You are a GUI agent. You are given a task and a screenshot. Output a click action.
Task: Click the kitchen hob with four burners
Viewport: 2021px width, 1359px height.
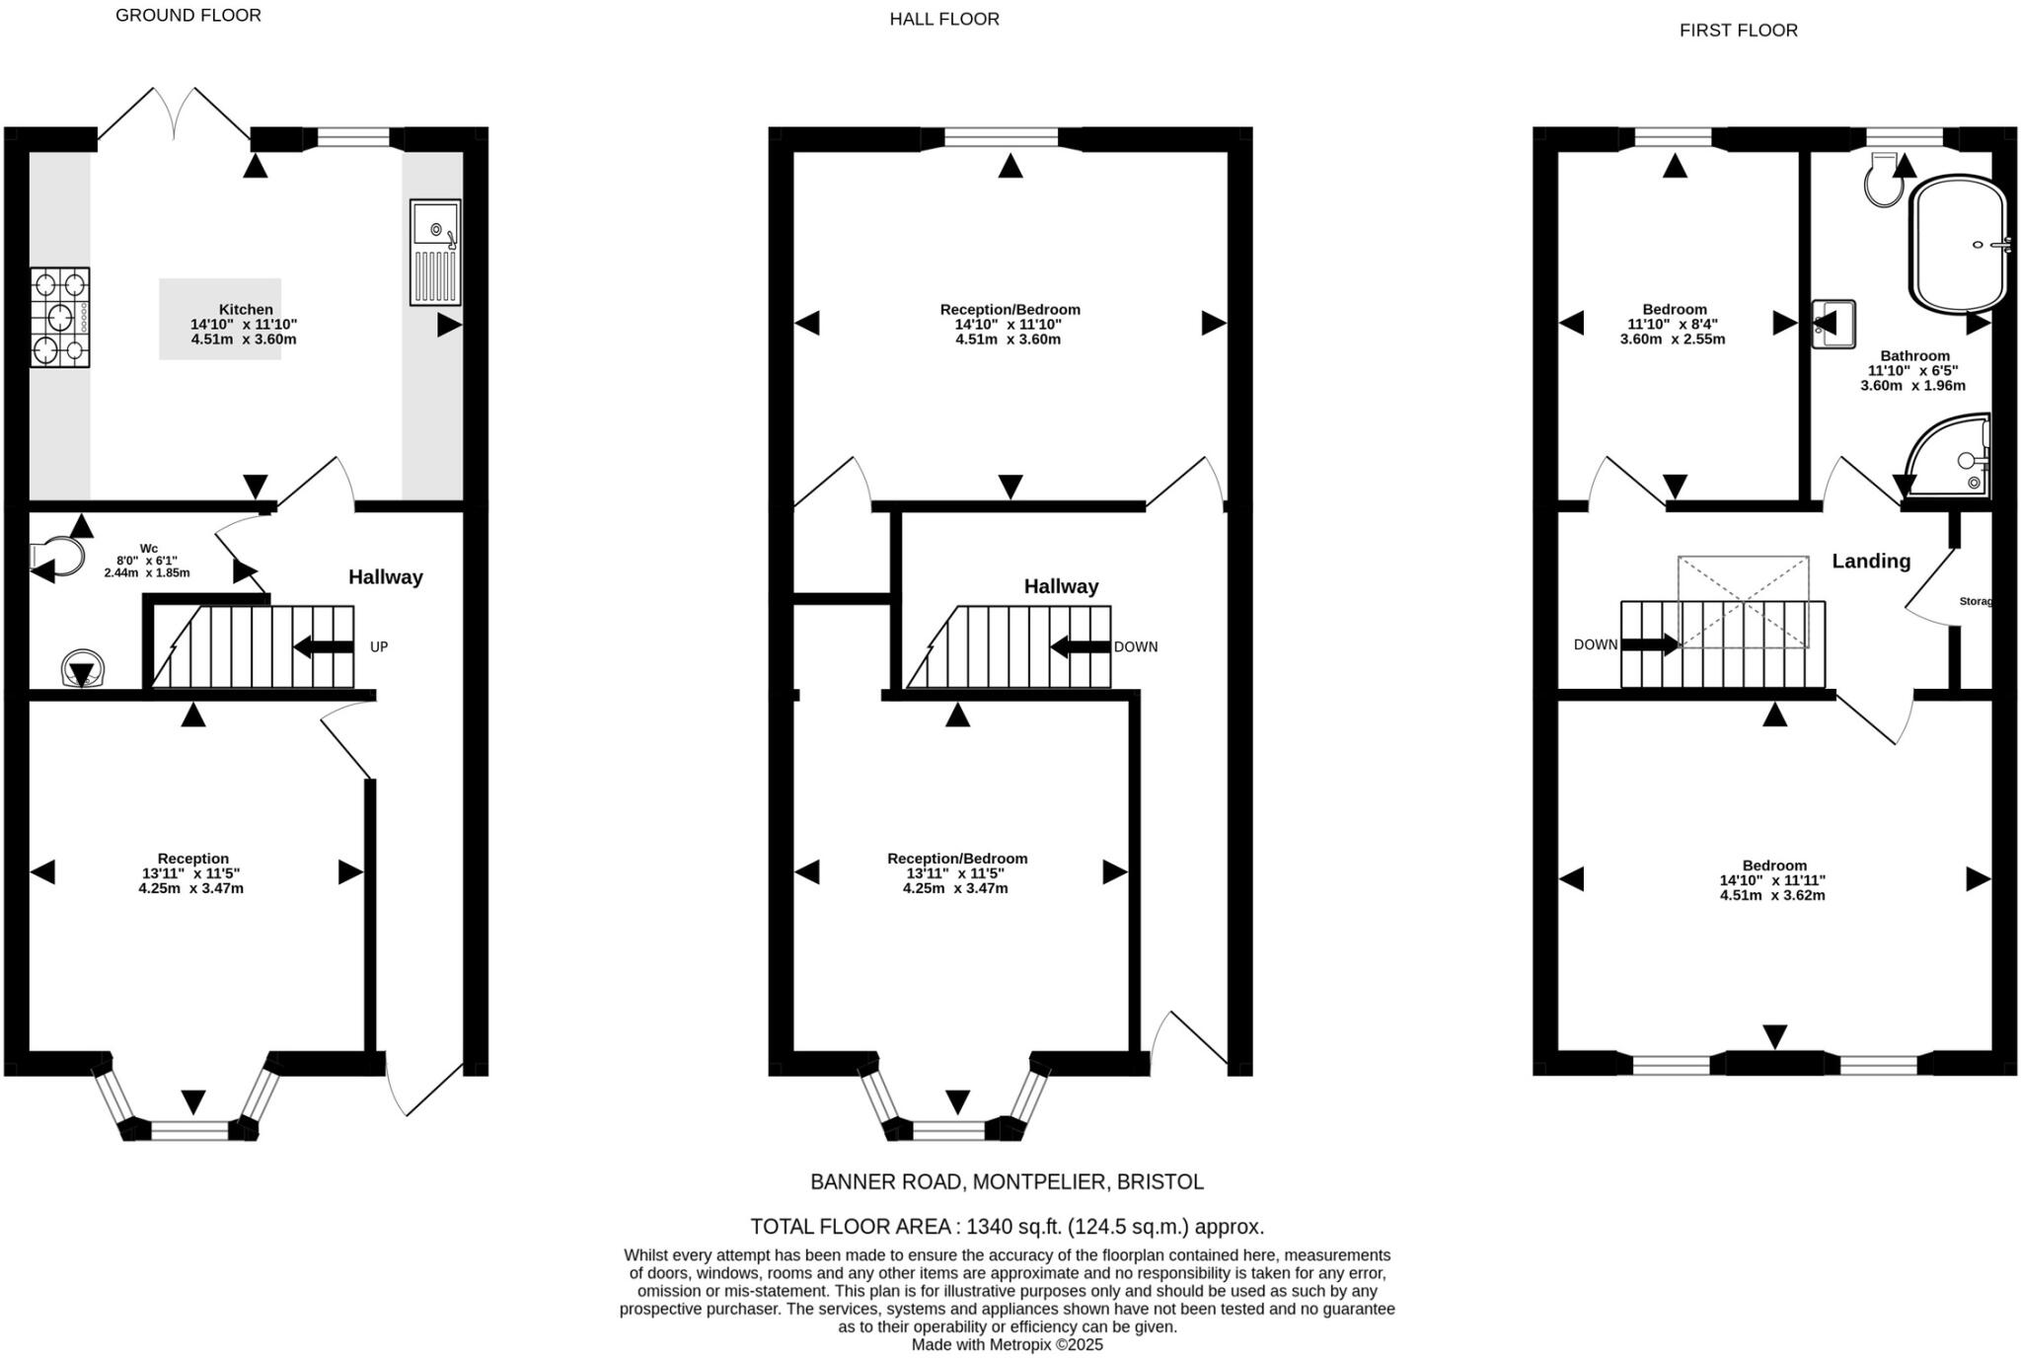[59, 318]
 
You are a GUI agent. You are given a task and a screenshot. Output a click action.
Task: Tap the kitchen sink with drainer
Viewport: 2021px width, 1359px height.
[435, 253]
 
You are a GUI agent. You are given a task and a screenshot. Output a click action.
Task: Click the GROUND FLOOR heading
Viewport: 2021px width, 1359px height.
[187, 15]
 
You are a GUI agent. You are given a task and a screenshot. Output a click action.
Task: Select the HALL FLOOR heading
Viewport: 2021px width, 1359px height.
[944, 19]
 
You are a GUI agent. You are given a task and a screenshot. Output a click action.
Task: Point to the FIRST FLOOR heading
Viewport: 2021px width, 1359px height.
[1738, 31]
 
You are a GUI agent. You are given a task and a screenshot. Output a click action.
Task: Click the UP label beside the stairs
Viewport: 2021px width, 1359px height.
[379, 647]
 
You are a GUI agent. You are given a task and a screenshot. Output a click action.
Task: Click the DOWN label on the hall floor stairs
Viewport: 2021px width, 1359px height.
[1135, 647]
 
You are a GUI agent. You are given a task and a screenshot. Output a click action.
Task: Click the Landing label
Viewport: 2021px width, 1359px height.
[1871, 562]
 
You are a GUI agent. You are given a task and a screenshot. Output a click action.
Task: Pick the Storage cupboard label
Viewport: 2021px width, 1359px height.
[1975, 601]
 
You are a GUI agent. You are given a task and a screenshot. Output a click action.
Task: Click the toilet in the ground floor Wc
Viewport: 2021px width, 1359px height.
[56, 556]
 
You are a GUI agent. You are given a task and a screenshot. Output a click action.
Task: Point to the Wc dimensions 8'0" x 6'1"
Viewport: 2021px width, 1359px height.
[147, 561]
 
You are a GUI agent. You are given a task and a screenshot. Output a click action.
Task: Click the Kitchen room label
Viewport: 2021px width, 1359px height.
[246, 309]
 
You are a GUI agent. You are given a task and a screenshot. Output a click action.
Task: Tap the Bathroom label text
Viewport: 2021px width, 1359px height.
[1914, 356]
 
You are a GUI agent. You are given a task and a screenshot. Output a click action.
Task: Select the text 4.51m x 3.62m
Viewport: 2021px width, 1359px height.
[1772, 896]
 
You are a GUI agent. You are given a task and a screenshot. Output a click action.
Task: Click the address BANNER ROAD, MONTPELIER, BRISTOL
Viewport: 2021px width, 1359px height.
[1007, 1181]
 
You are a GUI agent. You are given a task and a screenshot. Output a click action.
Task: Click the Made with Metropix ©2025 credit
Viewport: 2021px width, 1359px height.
[1007, 1344]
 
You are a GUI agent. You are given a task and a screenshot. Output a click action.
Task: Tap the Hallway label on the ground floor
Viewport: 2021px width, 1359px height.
[385, 577]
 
